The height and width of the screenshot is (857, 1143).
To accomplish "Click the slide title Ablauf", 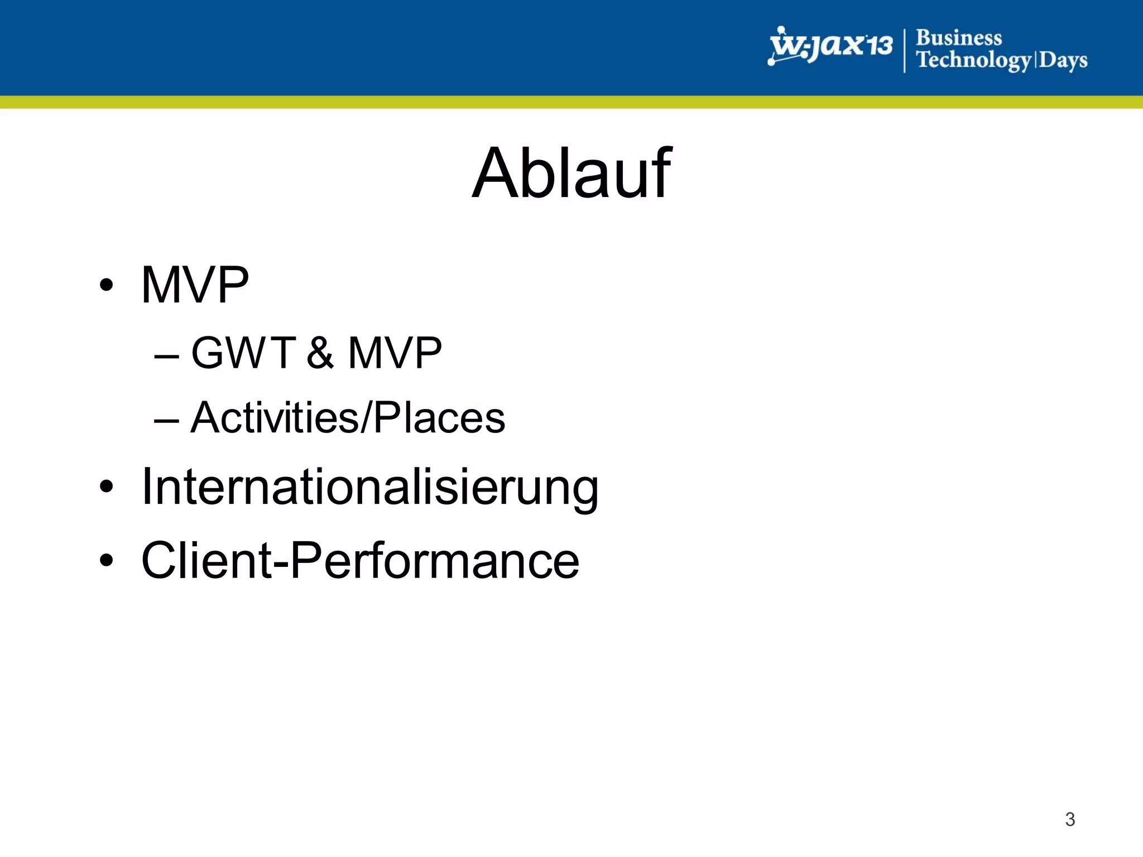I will [x=571, y=174].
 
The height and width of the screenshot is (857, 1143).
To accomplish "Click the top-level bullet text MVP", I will [x=195, y=286].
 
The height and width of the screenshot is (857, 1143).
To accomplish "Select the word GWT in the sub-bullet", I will [x=243, y=353].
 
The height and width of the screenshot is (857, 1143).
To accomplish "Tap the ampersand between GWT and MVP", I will [x=320, y=353].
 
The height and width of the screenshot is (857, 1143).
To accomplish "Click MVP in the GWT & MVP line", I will [x=395, y=353].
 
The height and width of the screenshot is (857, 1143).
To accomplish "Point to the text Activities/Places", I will [x=347, y=418].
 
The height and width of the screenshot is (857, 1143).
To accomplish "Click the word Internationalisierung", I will [x=369, y=488].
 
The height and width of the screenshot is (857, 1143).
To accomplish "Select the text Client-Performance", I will [x=360, y=561].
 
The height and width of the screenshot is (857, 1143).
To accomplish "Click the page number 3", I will [x=1069, y=819].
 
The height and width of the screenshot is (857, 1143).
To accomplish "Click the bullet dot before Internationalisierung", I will [x=106, y=487].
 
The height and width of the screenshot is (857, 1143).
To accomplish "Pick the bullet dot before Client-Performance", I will [x=106, y=561].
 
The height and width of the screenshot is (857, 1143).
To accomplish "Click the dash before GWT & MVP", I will [x=166, y=356].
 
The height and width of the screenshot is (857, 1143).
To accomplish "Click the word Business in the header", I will [x=958, y=38].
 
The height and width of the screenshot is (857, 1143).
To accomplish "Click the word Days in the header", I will [x=1063, y=60].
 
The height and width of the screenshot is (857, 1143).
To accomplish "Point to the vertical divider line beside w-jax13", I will [x=904, y=50].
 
